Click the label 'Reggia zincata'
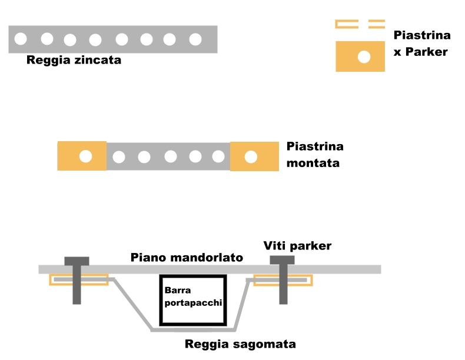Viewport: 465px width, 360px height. tap(74, 60)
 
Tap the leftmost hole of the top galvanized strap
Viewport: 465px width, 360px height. tap(21, 39)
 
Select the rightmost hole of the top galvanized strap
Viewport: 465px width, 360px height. tap(195, 39)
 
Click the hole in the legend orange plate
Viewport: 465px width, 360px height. tap(364, 57)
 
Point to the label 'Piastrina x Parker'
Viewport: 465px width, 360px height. tap(420, 44)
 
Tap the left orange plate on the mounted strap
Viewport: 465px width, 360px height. tap(71, 156)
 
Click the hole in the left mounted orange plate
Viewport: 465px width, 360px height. tap(86, 156)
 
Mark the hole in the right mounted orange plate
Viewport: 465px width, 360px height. tap(251, 157)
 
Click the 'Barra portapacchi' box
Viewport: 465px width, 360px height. tap(193, 300)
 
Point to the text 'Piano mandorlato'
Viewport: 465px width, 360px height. tap(187, 257)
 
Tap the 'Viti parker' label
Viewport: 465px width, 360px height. tap(297, 246)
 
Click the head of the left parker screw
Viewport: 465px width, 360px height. tap(77, 261)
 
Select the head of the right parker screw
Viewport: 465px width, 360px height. tap(282, 261)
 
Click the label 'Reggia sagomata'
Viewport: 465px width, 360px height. tap(240, 344)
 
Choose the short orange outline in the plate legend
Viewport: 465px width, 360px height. tap(377, 24)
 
